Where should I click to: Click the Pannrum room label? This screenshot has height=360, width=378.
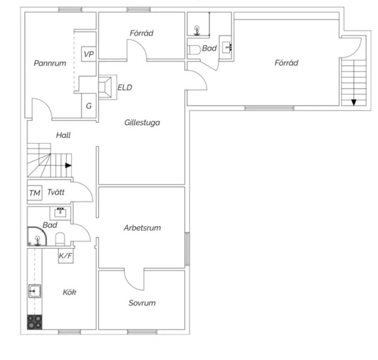coord(50,63)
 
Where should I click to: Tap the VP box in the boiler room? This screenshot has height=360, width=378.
coord(89,54)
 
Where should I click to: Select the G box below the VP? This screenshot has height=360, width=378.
coord(89,106)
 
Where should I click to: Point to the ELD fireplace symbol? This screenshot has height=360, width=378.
coord(105,87)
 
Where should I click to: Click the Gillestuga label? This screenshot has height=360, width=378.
coord(142,123)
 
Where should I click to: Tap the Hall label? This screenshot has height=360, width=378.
coord(63,135)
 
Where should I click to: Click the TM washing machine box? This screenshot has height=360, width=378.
coord(35,193)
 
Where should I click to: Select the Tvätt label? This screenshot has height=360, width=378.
coord(56,192)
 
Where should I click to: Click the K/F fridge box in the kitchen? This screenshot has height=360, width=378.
coord(66,255)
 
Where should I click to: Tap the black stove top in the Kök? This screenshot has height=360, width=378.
coord(35,322)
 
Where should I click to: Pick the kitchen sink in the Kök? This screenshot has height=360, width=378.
coord(35,291)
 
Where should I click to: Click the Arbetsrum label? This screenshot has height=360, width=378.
coord(142,228)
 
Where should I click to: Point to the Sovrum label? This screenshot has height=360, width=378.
coord(142,303)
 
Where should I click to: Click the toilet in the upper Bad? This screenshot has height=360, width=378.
coord(194,50)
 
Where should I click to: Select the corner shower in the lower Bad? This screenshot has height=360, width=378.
coord(37,236)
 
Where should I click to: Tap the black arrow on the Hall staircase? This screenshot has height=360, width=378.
coord(69,166)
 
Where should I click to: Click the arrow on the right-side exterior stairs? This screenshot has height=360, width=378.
coord(354,103)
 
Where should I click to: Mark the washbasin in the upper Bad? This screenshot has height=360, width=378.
coord(227,47)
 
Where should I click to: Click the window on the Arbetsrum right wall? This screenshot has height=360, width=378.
coord(187,249)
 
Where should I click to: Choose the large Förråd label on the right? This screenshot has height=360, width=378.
coord(286,63)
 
